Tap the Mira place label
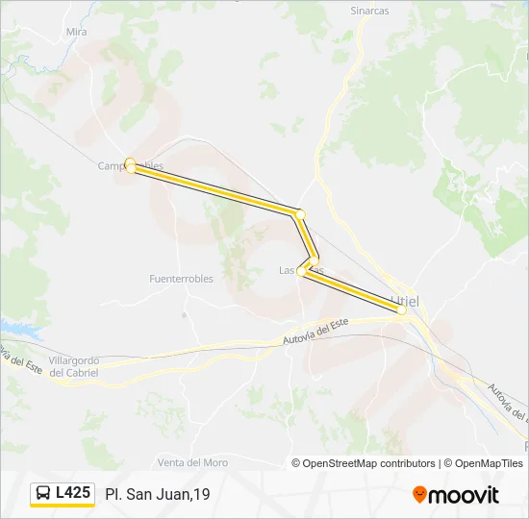point(77,32)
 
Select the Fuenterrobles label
point(181,279)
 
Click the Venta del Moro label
point(192,462)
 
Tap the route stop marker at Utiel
point(401,309)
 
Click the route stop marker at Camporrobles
point(130,165)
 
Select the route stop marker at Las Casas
point(302,272)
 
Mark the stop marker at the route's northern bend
point(300,213)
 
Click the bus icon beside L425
point(43,493)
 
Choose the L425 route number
point(73,493)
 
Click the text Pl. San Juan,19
point(158,494)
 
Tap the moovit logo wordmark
point(464,495)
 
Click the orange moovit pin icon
point(419,495)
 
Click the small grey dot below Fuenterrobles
point(183,313)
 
